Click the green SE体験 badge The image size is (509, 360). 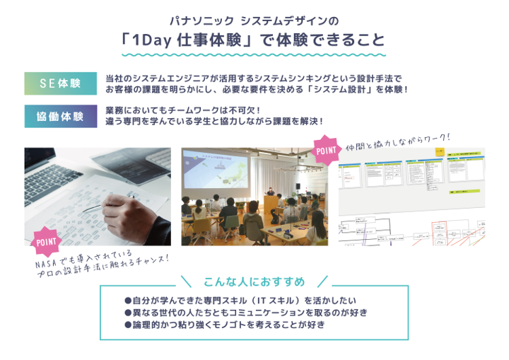point(59,83)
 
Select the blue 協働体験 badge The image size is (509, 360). point(59,116)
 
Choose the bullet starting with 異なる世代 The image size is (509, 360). point(245,312)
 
